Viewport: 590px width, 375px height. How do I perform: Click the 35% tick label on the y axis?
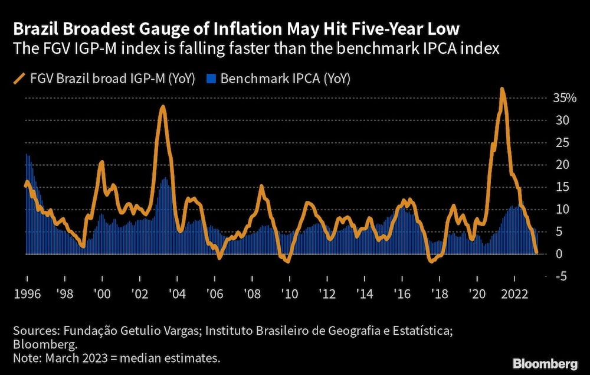coord(564,98)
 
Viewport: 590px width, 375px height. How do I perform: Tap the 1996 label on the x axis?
coord(27,294)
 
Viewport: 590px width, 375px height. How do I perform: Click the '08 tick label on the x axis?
coord(252,294)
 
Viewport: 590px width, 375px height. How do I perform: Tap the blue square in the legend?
coord(212,79)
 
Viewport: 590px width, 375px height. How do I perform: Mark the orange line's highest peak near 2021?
coord(501,89)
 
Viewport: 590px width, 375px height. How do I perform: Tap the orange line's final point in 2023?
coord(536,252)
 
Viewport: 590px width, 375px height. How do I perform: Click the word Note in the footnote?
coord(25,358)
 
